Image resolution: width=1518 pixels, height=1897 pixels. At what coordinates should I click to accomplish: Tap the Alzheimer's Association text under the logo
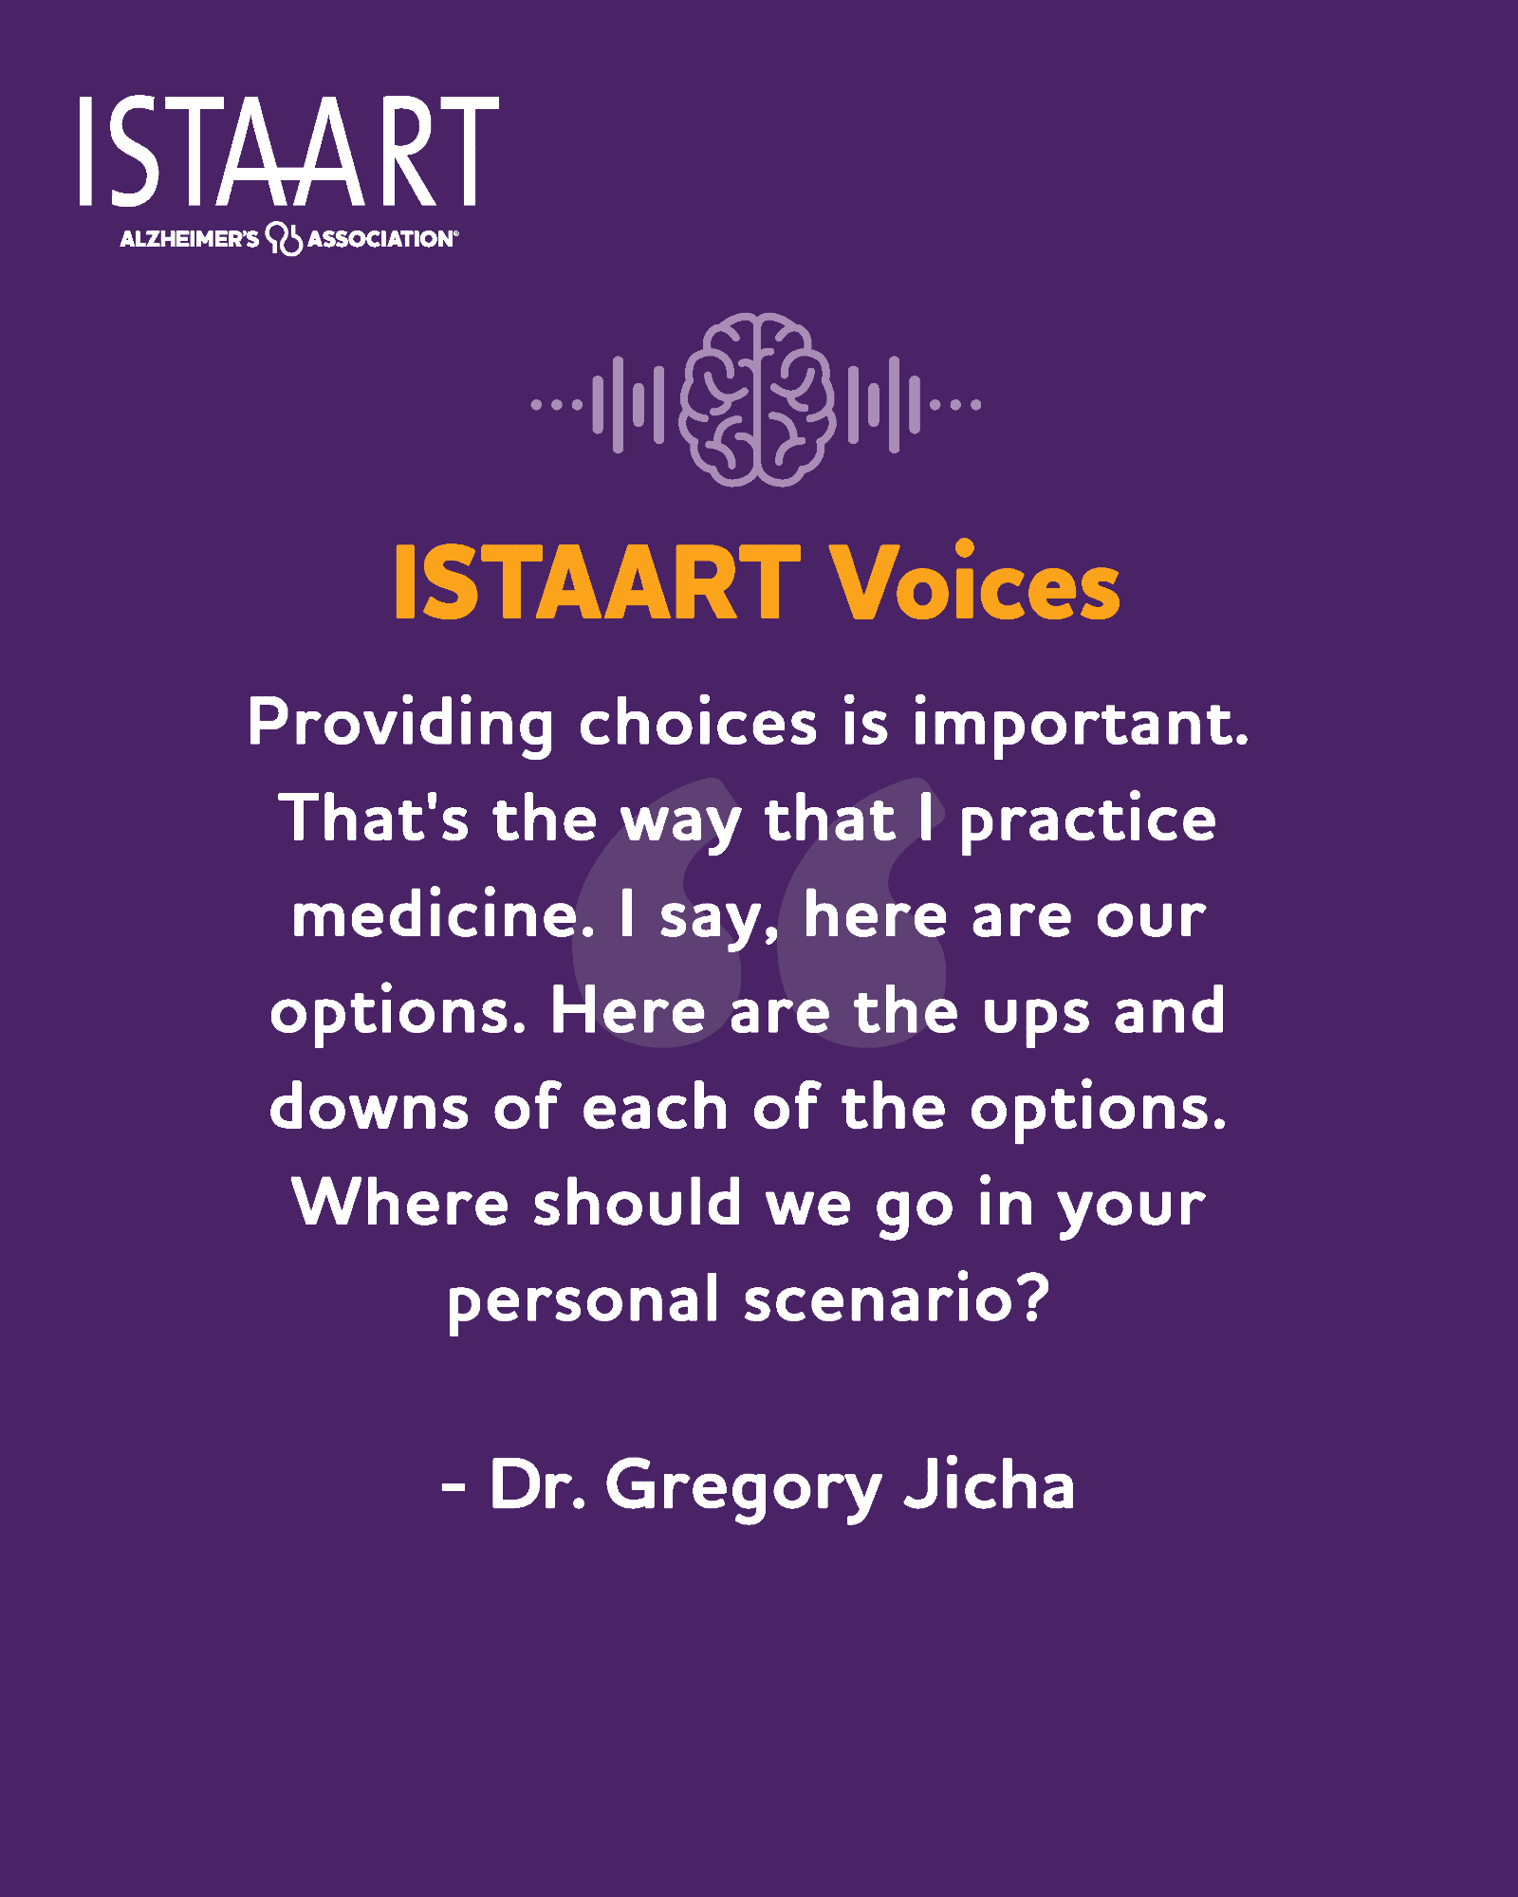[x=288, y=238]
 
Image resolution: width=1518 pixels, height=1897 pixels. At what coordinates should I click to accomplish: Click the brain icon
[x=757, y=399]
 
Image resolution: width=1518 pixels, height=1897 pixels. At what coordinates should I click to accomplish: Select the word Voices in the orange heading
[x=976, y=582]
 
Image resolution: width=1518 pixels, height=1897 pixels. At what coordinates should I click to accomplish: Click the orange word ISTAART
[x=597, y=582]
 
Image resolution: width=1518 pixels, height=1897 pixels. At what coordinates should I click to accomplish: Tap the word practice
[x=1088, y=821]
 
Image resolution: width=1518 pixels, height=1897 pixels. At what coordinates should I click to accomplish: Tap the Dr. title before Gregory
[x=536, y=1483]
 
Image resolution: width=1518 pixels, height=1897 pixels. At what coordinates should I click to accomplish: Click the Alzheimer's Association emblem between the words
[x=284, y=238]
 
